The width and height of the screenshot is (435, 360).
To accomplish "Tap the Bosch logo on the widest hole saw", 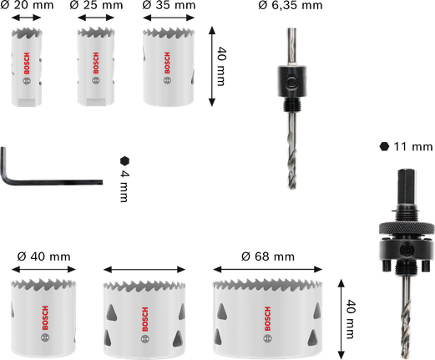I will click(267, 315).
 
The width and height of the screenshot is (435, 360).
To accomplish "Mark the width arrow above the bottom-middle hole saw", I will click(144, 269).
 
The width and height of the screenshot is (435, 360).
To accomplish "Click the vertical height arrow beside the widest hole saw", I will click(339, 315).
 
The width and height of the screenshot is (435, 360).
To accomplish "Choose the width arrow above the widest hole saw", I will click(267, 269).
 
